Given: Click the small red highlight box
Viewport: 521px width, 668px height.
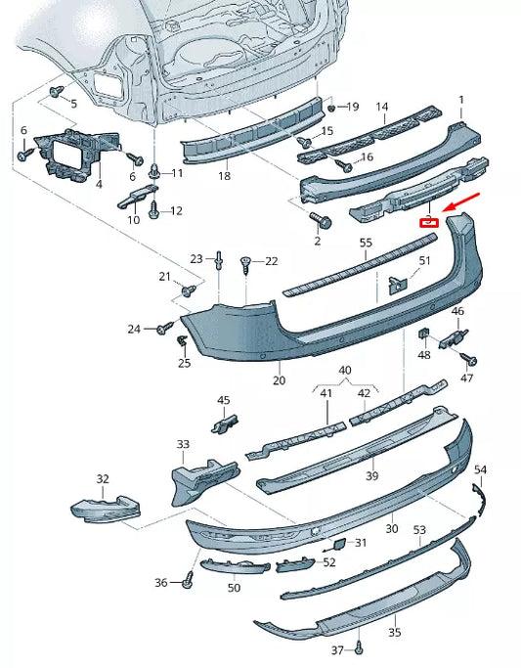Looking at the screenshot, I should [428, 222].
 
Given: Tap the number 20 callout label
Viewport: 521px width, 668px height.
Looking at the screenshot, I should [279, 380].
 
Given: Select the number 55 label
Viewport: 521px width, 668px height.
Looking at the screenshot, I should [366, 242].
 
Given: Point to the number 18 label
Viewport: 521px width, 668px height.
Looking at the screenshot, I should [224, 176].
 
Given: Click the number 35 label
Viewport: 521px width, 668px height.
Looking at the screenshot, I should [394, 633].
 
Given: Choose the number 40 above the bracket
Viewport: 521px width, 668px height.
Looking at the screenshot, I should [345, 371].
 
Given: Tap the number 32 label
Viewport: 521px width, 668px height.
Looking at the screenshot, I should [103, 479].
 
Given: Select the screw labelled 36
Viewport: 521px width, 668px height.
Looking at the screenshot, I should [188, 582].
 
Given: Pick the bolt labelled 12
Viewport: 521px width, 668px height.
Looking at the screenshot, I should [153, 208].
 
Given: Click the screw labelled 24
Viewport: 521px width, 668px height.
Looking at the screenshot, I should [163, 330].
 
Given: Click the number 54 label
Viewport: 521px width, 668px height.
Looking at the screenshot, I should [479, 470].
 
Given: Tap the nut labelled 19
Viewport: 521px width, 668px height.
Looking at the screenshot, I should [331, 107].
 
